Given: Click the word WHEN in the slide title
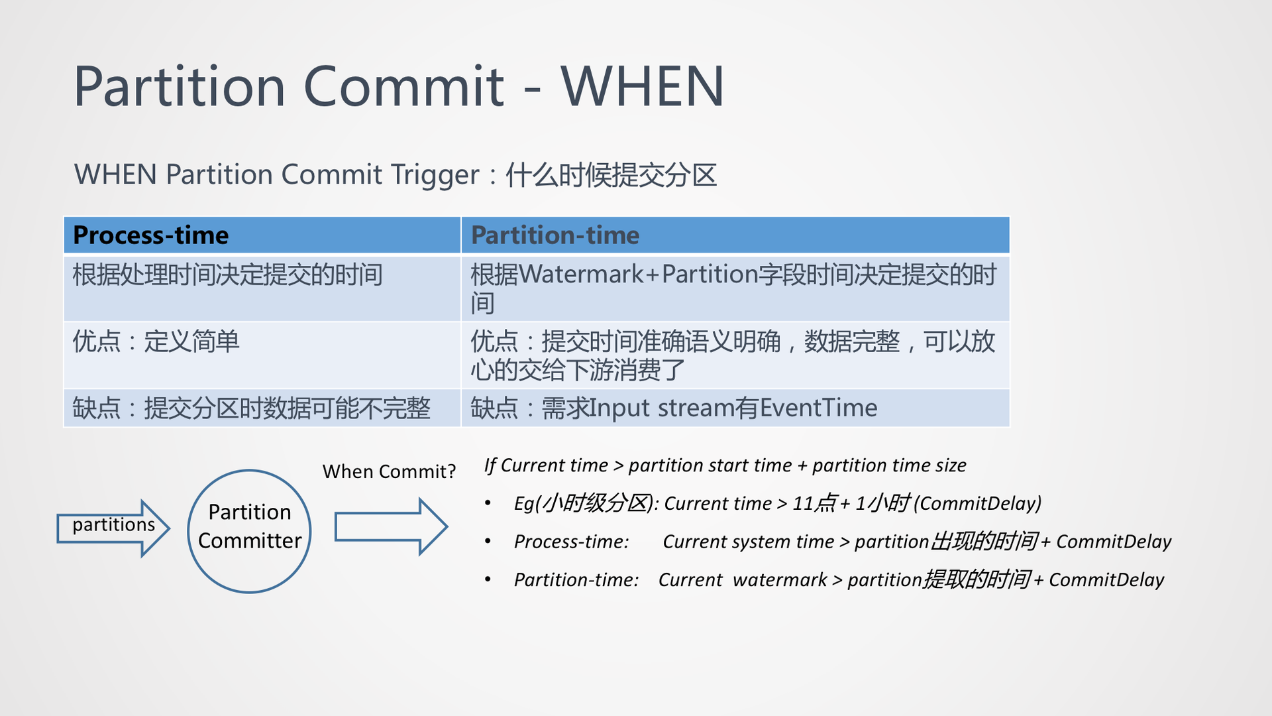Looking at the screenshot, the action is click(643, 86).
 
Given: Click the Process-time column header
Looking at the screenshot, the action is click(151, 235).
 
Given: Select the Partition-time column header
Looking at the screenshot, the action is click(555, 235).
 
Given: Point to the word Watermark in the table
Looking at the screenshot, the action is click(582, 274).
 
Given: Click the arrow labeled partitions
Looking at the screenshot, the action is click(113, 528).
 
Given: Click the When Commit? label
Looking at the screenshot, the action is click(389, 471).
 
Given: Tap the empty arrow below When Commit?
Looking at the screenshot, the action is click(391, 527).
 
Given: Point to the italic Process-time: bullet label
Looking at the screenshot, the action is click(571, 542).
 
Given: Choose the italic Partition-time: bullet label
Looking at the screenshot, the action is click(576, 580).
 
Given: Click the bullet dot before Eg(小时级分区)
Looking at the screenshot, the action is click(488, 503).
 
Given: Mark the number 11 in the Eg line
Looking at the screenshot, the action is click(803, 504).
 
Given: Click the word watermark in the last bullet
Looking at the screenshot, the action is click(780, 580).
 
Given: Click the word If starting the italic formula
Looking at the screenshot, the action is click(490, 465).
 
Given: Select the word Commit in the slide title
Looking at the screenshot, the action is click(403, 86).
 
